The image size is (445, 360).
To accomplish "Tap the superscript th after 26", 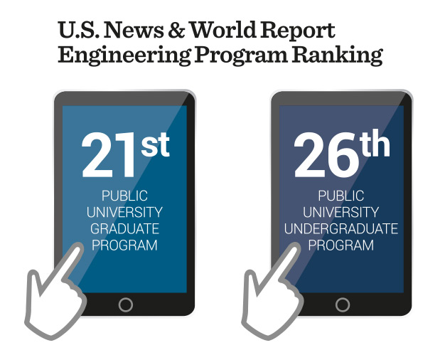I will point(374,144).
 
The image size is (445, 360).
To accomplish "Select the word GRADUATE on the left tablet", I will point(125,228).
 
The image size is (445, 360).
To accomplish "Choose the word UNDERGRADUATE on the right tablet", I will point(341,229).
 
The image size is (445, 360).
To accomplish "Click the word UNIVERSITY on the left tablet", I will point(125,212).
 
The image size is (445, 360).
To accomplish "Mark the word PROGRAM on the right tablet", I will point(341,245).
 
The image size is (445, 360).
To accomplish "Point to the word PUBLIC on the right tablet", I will point(341,196).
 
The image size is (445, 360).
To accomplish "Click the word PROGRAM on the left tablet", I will point(125,245).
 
